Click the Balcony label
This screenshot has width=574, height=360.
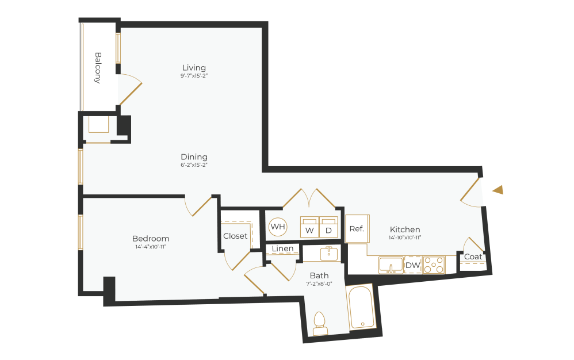[x=98, y=68]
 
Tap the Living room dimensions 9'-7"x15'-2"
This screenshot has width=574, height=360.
[x=193, y=76]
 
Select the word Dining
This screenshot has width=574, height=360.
[x=194, y=156]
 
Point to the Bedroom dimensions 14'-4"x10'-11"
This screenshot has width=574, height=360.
[x=151, y=247]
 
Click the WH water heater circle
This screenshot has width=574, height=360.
[x=278, y=227]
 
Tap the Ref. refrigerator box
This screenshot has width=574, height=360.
[x=357, y=228]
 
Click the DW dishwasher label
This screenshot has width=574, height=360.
[x=412, y=265]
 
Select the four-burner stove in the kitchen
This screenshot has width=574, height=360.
[x=434, y=265]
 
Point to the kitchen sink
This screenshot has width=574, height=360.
[x=391, y=265]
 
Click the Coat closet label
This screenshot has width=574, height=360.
[x=473, y=256]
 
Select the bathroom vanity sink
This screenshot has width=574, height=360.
[x=328, y=253]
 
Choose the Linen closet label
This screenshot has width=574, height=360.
[x=283, y=248]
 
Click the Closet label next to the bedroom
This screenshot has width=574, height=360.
[x=235, y=236]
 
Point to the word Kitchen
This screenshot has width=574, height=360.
[x=405, y=229]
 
